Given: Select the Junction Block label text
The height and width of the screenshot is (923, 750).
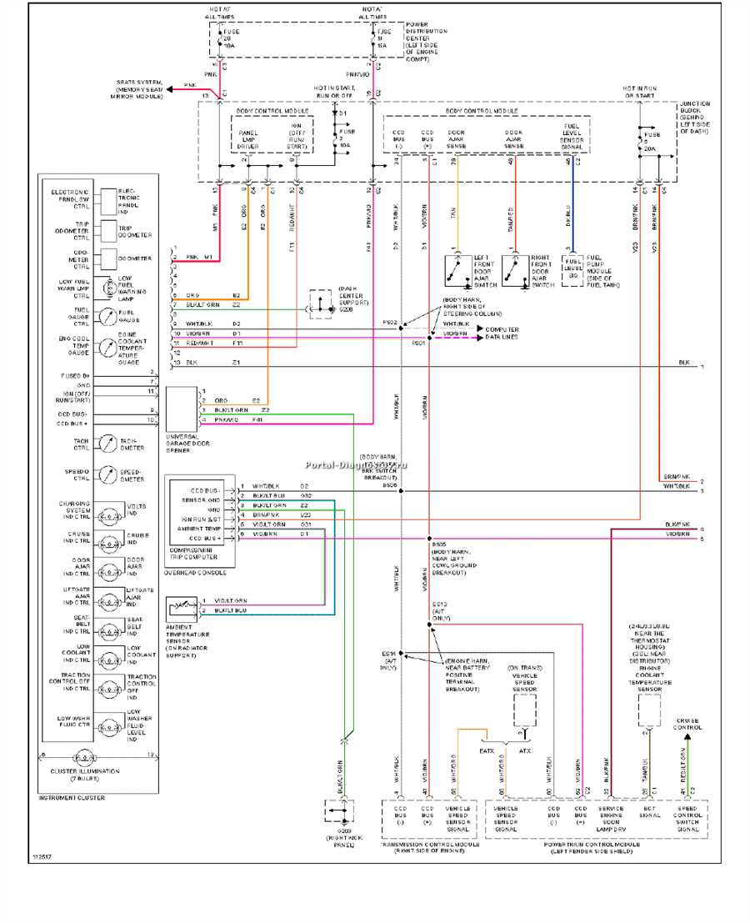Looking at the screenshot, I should click(x=694, y=118).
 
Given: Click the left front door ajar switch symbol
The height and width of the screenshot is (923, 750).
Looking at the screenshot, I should click(x=455, y=269).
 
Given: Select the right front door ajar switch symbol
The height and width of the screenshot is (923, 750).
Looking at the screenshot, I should click(x=514, y=269).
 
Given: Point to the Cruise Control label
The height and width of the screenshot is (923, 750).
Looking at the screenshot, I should click(x=687, y=724).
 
